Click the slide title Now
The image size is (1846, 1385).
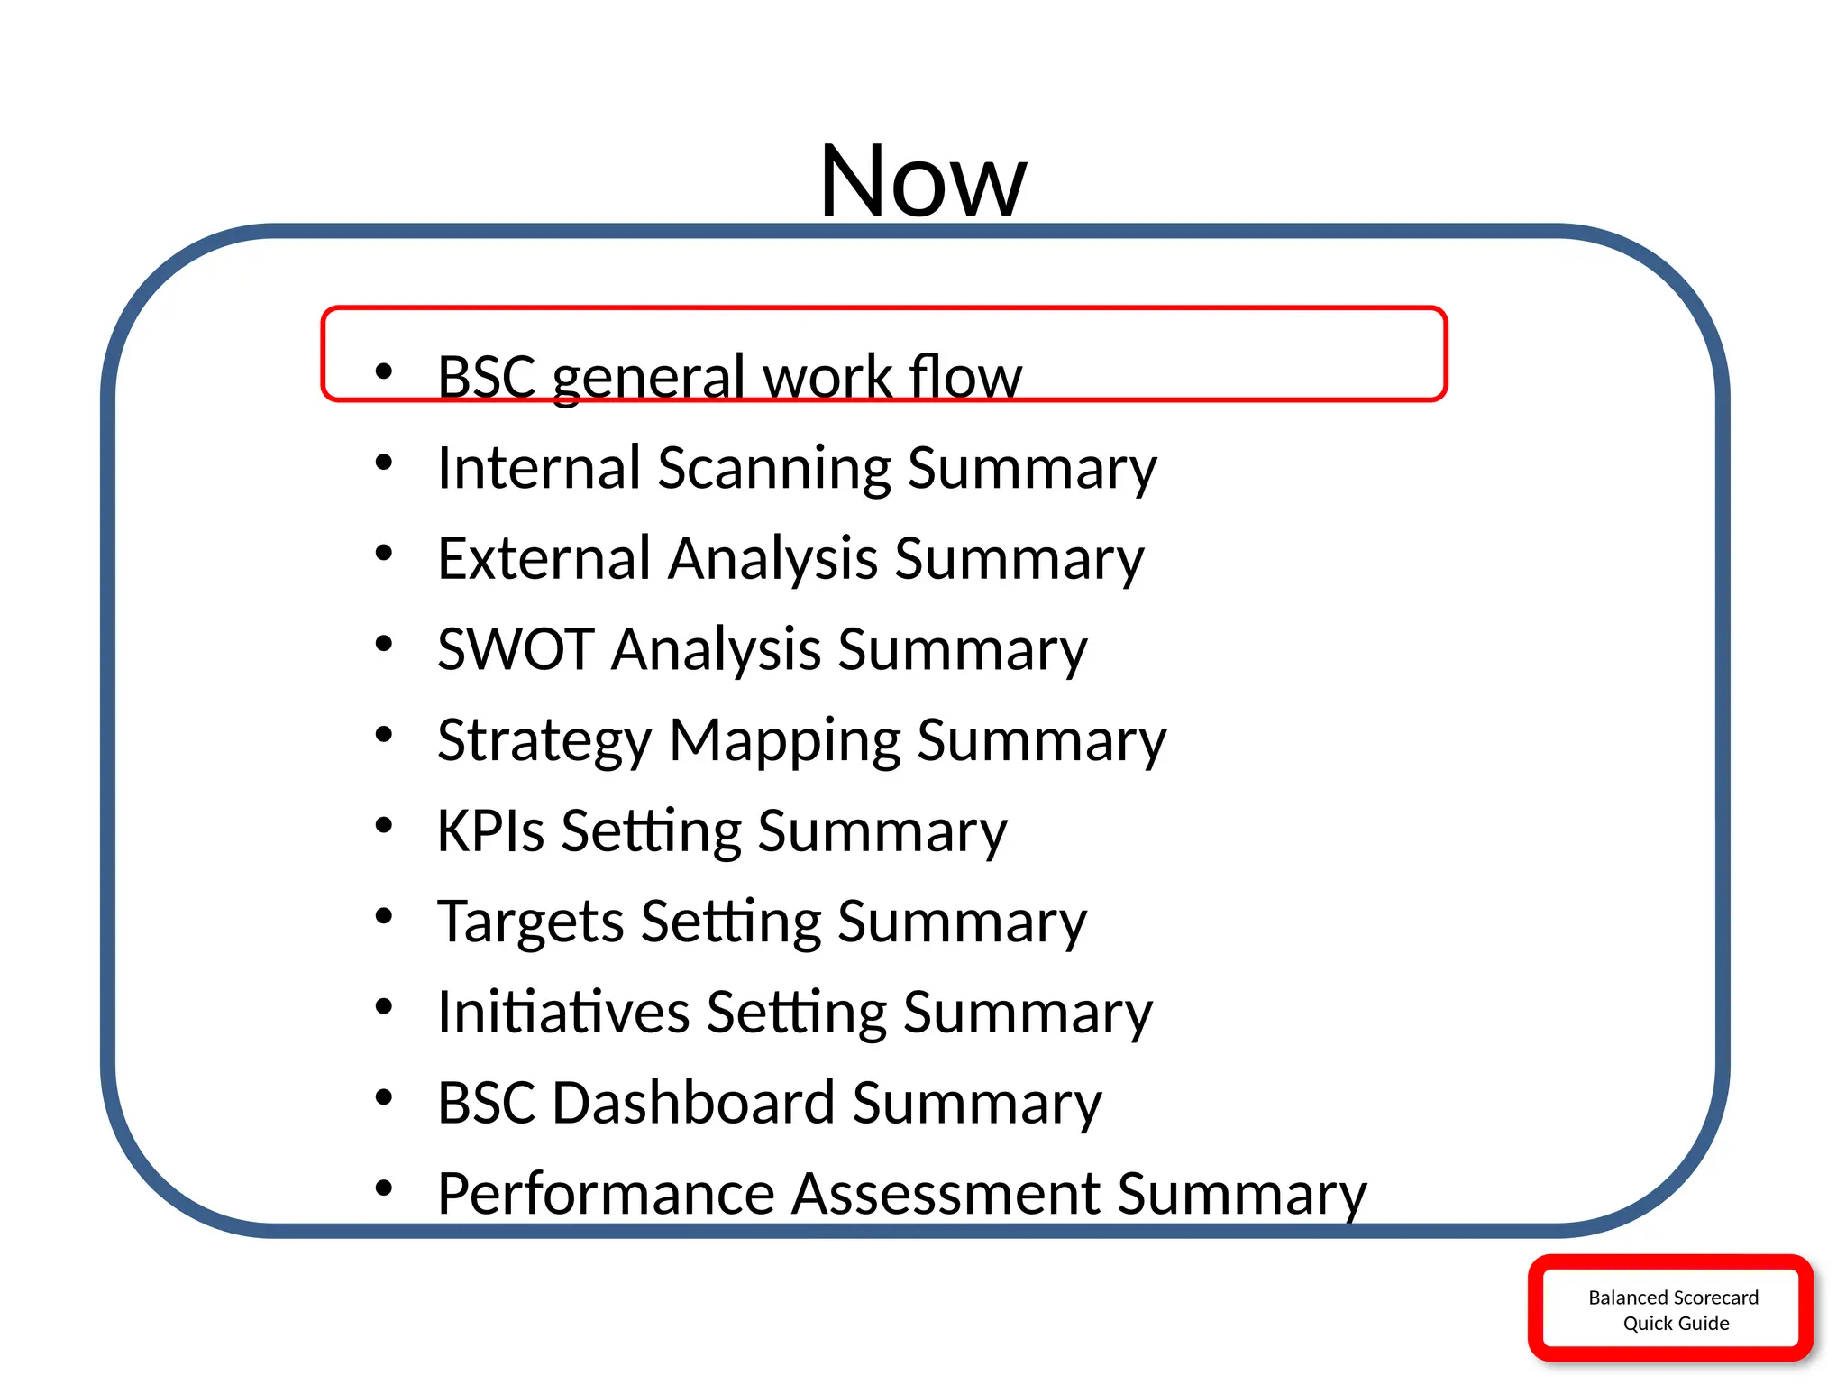[x=922, y=181]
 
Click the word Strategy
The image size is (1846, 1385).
[x=544, y=741]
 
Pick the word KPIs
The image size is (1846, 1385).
[x=490, y=830]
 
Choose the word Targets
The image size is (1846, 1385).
[x=529, y=922]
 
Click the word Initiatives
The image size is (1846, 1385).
[x=562, y=1012]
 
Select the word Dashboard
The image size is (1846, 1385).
[x=693, y=1103]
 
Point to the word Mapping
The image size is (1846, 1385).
[x=784, y=741]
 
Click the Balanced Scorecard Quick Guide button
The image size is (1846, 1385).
[x=1671, y=1309]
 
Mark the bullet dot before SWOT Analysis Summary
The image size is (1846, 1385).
[x=384, y=644]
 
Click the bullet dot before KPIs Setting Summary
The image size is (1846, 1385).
[x=384, y=825]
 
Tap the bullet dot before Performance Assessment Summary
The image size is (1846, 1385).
[x=384, y=1188]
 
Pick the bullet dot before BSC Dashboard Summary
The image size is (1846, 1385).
[x=384, y=1097]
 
